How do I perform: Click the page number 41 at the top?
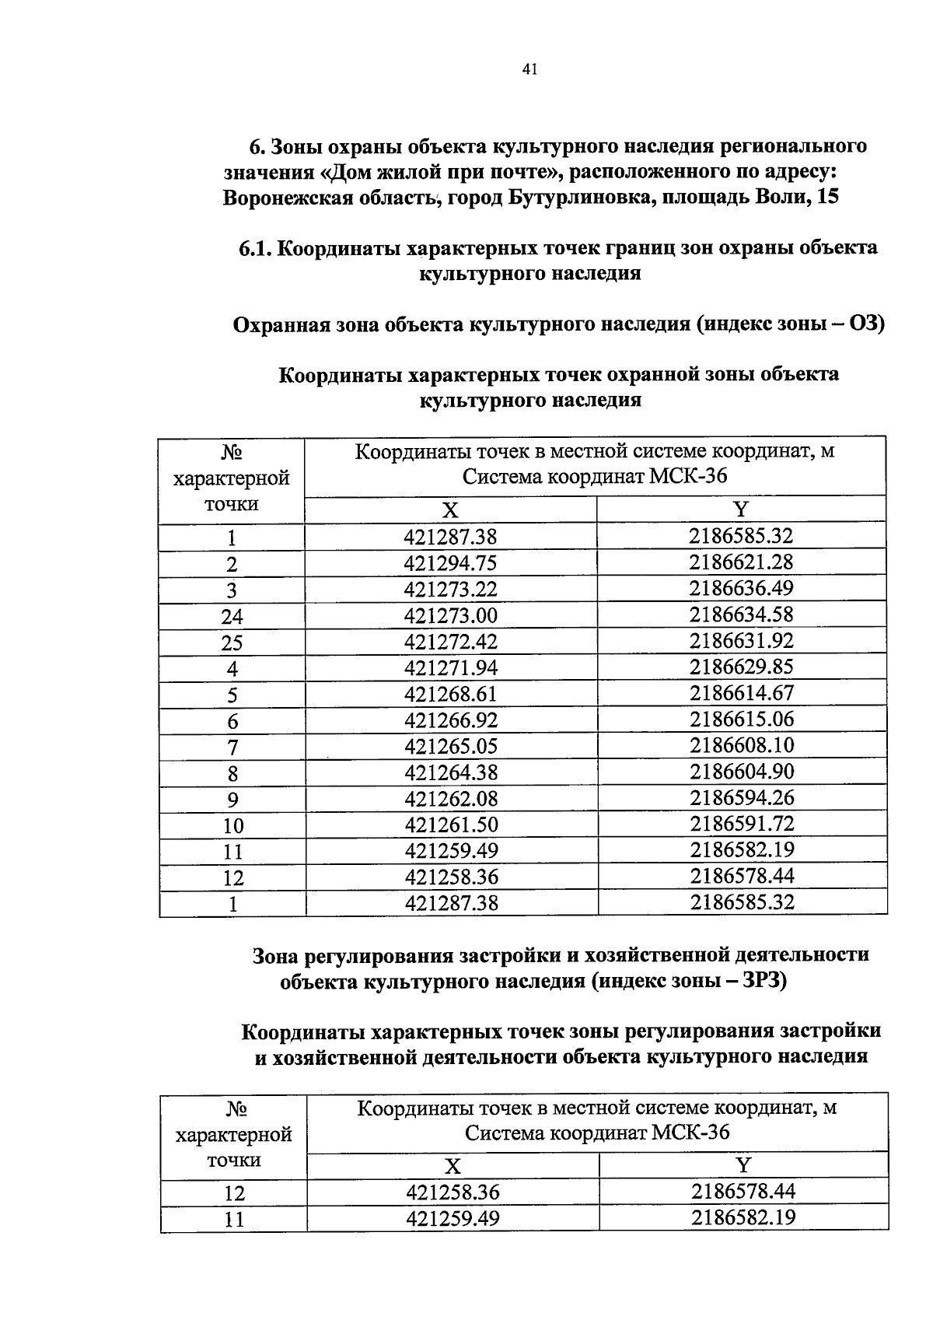coord(529,70)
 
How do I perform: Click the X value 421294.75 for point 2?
coord(450,563)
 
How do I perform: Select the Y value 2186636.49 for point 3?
coord(741,588)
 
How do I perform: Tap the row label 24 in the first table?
coord(232,617)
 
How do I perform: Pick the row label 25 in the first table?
coord(232,643)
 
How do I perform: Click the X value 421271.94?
coord(450,668)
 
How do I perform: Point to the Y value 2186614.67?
coord(741,693)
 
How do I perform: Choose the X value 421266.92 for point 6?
coord(450,720)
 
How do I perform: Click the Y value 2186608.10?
coord(741,745)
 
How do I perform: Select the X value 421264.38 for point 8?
coord(450,772)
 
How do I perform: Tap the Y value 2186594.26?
coord(741,797)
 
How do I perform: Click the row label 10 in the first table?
coord(232,826)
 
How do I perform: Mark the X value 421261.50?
coord(450,825)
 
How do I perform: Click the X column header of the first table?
coord(450,510)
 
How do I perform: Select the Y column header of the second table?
coord(743,1165)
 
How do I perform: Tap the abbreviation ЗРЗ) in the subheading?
coord(765,982)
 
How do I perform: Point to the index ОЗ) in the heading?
coord(866,324)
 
